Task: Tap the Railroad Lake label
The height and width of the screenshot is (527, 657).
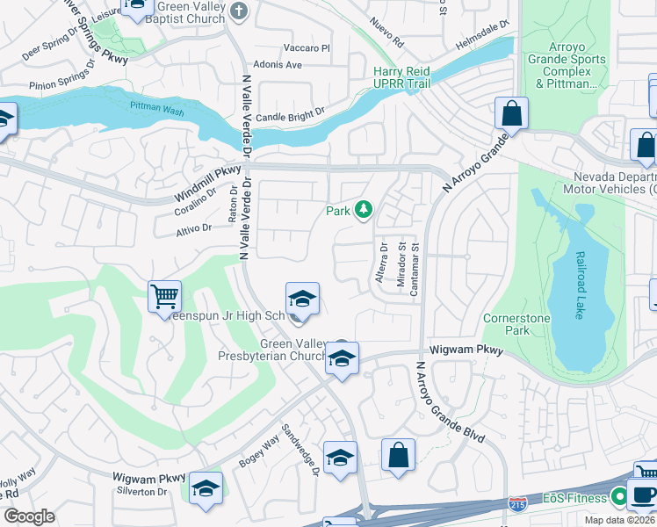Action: (580, 286)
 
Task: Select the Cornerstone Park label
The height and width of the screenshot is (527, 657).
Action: (506, 324)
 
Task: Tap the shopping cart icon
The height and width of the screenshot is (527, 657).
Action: (164, 297)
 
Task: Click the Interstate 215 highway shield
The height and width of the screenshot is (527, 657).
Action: (517, 504)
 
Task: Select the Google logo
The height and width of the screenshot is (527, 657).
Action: (29, 516)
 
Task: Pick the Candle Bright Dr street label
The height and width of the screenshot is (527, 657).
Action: (291, 116)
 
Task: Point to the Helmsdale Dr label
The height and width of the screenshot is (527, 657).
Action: (482, 38)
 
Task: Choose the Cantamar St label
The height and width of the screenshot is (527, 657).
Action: (415, 271)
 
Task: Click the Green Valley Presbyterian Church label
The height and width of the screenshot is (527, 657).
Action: (272, 350)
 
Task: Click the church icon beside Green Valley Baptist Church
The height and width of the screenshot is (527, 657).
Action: (242, 10)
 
